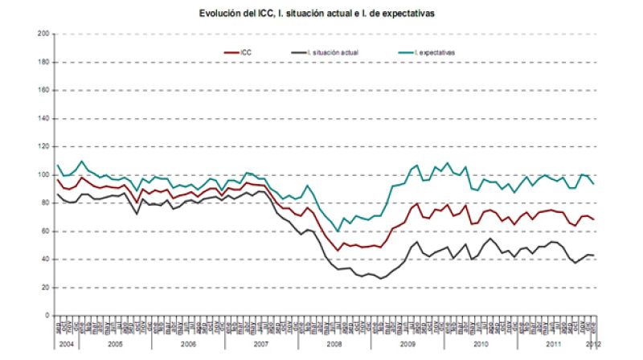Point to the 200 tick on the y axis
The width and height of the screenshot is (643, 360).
[x=43, y=34]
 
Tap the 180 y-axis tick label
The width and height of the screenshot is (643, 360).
[x=43, y=62]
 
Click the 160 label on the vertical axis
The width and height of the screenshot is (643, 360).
[x=43, y=90]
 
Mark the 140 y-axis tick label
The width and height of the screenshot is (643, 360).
[x=43, y=118]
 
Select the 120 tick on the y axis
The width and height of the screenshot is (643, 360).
[x=43, y=146]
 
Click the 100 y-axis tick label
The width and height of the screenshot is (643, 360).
[x=43, y=174]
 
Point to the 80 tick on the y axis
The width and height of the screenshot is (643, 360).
[x=45, y=202]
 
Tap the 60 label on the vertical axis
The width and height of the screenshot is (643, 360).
[x=45, y=231]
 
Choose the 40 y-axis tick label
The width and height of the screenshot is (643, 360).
[x=45, y=259]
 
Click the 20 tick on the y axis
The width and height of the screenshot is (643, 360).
[x=45, y=287]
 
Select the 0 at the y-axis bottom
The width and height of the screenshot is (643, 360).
[x=47, y=315]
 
